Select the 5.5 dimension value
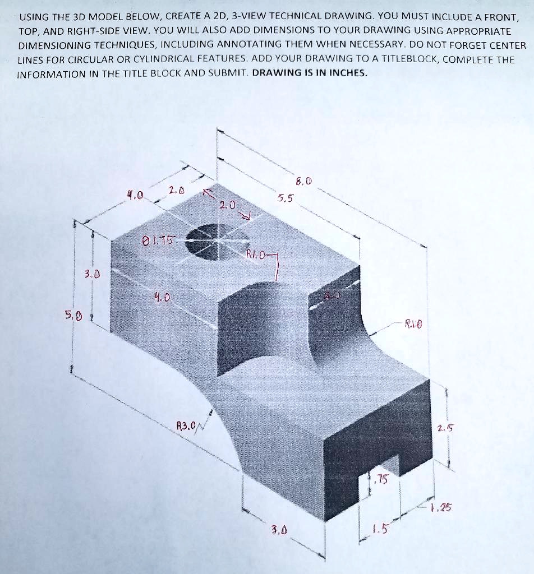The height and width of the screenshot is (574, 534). [284, 198]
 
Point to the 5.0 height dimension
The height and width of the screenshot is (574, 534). [75, 317]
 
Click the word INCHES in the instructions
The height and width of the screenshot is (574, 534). [343, 74]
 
